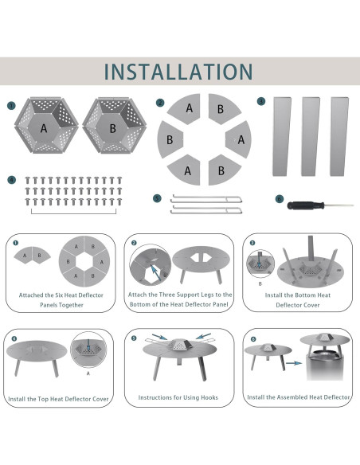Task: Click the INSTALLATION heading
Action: pos(178,72)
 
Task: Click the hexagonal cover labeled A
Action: pos(46,126)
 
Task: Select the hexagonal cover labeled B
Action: pos(114,126)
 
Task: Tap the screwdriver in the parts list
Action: pos(320,205)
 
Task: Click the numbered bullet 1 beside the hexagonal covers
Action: pos(11,106)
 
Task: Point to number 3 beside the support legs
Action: pos(261,101)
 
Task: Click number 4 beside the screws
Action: pos(11,180)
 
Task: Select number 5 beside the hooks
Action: pos(157,198)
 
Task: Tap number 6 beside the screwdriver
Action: pos(280,199)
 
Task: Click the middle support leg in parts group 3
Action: pos(311,136)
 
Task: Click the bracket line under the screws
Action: pos(73,213)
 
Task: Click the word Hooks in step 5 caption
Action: pos(209,397)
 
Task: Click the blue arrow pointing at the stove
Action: pos(294,363)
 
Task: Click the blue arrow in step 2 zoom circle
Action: pos(156,273)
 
